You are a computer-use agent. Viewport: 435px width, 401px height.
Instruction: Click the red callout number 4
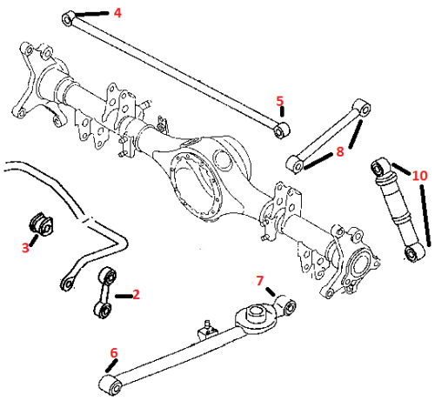[x=117, y=13]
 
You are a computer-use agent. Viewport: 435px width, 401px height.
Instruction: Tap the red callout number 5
[x=279, y=101]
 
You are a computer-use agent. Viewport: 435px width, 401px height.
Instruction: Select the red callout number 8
[x=339, y=151]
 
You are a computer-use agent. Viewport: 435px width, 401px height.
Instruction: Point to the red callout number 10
[x=419, y=176]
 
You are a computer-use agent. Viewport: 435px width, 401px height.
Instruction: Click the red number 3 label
[x=25, y=248]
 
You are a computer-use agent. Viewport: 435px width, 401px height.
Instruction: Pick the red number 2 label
[x=136, y=295]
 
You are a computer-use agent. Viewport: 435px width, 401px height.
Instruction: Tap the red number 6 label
[x=114, y=353]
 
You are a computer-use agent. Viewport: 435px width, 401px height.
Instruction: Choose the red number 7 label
[x=259, y=281]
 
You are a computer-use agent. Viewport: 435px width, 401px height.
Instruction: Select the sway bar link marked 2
[x=104, y=293]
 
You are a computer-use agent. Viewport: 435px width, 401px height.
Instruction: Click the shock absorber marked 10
[x=398, y=210]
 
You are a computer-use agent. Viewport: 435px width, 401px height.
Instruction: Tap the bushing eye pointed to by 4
[x=68, y=18]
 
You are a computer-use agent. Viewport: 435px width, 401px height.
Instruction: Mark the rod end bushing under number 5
[x=281, y=130]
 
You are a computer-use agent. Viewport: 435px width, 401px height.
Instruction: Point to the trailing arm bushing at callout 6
[x=110, y=384]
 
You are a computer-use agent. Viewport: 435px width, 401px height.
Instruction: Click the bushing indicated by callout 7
[x=287, y=306]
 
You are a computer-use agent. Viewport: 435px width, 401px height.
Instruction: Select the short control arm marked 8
[x=328, y=137]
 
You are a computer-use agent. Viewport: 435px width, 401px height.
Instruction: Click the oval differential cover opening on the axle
[x=195, y=186]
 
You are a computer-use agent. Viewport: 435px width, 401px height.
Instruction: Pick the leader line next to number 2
[x=124, y=296]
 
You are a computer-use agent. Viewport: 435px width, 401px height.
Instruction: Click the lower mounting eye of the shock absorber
[x=414, y=252]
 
